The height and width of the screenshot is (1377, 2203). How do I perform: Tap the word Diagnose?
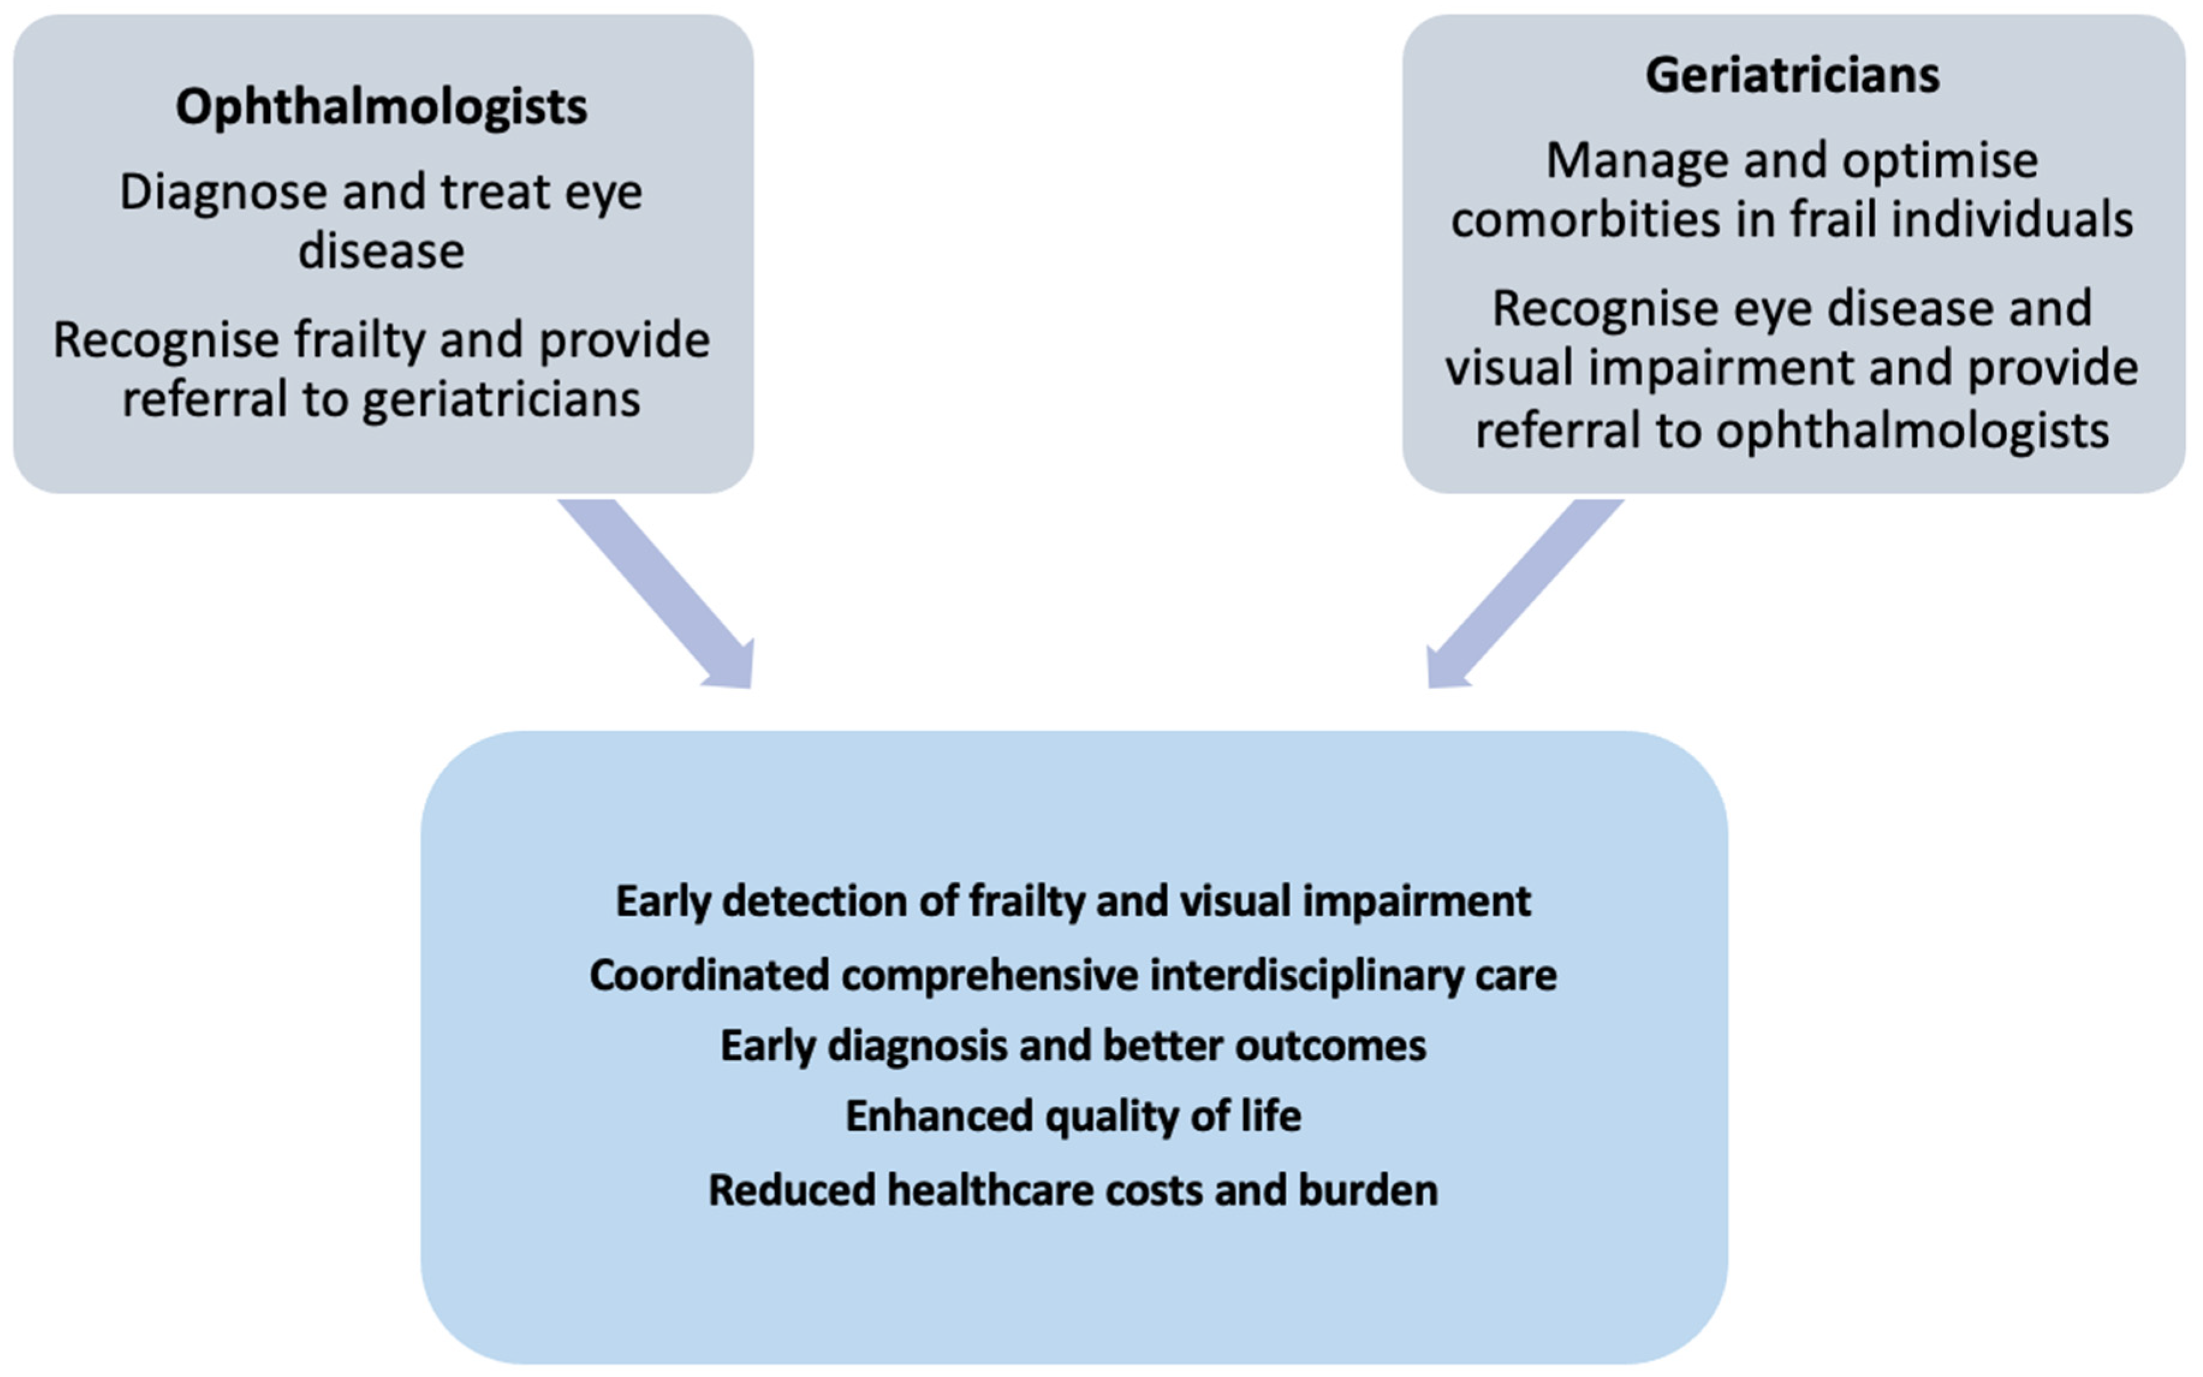pyautogui.click(x=222, y=193)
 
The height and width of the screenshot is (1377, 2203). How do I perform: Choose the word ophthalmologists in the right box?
pyautogui.click(x=1912, y=431)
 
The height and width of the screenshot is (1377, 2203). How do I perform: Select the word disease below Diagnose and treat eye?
pyautogui.click(x=382, y=251)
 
